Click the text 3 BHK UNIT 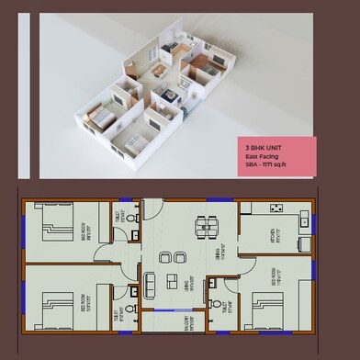click(x=264, y=147)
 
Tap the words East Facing click(x=263, y=156)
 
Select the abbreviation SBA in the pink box click(x=252, y=165)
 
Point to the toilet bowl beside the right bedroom click(x=213, y=303)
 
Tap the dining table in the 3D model click(x=160, y=69)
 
